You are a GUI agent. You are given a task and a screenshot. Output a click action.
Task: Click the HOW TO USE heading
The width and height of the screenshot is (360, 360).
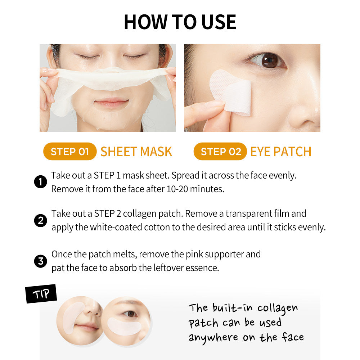(180, 22)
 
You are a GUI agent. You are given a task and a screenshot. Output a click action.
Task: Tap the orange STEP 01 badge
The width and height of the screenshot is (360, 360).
(70, 152)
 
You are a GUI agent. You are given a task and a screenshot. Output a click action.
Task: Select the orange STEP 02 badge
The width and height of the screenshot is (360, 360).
(220, 152)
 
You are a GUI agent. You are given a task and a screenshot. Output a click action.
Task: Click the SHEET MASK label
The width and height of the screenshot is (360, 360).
(136, 152)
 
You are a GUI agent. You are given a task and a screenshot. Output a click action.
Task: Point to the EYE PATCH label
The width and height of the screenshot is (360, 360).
(281, 152)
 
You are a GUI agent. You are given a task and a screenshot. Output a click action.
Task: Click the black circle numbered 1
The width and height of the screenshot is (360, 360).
(41, 182)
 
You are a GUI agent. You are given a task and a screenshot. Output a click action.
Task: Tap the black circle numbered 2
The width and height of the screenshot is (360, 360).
(41, 220)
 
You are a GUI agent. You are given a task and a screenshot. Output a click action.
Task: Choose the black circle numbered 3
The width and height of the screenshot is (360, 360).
(41, 261)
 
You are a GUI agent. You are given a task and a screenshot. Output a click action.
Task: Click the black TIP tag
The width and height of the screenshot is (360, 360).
(41, 294)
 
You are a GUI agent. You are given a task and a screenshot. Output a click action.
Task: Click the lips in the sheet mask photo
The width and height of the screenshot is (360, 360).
(111, 103)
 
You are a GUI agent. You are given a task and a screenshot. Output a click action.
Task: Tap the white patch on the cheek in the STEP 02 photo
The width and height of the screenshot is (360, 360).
(231, 92)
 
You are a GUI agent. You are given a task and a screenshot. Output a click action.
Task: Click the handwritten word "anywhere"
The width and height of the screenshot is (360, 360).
(213, 338)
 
